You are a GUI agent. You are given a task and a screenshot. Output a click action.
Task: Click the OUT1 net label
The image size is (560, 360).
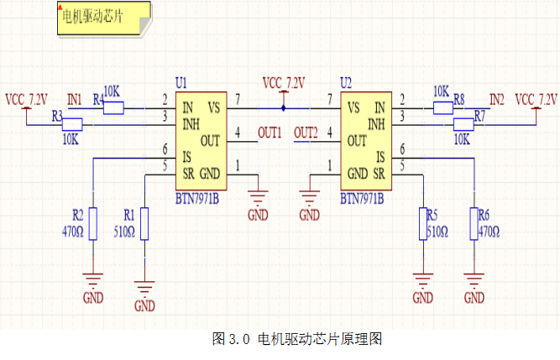(x=270, y=133)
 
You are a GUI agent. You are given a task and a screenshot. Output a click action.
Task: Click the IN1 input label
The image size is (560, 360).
(x=75, y=100)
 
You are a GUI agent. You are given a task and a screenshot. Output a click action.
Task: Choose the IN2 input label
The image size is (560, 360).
(x=497, y=100)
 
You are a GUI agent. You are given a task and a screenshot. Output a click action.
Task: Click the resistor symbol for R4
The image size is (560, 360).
(x=113, y=107)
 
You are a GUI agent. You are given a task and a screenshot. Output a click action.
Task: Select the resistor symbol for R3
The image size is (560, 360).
(x=73, y=124)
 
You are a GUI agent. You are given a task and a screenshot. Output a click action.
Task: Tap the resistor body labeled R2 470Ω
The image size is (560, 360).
(x=93, y=224)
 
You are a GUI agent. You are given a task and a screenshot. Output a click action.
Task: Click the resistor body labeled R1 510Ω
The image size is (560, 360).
(x=144, y=224)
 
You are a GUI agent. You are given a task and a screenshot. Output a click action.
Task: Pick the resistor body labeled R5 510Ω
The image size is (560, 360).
(x=422, y=224)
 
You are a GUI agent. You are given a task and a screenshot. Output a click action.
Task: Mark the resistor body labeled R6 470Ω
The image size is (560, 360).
(x=474, y=224)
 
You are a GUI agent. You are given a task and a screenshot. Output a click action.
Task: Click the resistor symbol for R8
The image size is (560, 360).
(x=443, y=107)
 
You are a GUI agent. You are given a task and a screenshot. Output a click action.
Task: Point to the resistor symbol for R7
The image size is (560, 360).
(x=464, y=124)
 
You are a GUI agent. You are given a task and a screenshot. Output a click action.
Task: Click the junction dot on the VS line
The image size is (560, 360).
(x=284, y=107)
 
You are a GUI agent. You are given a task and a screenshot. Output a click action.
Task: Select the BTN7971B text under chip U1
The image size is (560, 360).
(x=198, y=201)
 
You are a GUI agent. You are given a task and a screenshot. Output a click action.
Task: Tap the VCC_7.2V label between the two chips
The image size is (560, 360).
(x=284, y=82)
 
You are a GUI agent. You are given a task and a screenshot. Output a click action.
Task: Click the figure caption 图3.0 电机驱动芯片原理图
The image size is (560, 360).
(x=298, y=339)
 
